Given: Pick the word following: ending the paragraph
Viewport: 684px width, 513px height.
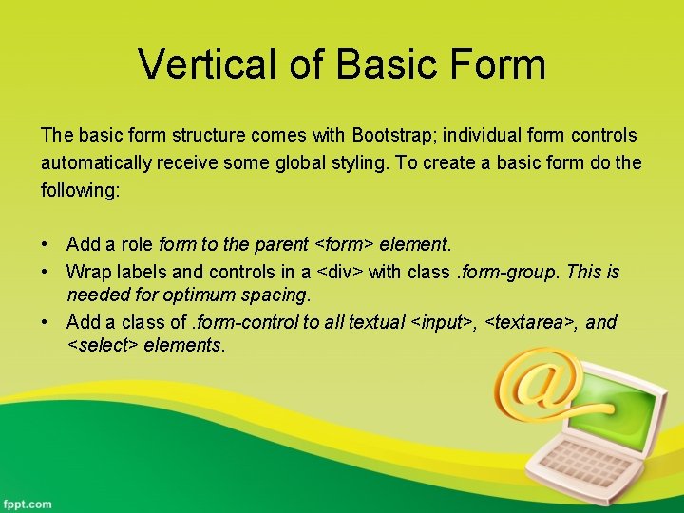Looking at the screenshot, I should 80,190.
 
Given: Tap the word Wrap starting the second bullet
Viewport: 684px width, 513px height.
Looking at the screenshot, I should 85,272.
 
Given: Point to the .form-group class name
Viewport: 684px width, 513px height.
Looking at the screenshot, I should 511,272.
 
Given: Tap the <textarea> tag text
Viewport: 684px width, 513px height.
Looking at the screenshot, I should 530,322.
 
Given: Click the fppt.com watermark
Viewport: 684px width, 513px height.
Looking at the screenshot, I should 27,503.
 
